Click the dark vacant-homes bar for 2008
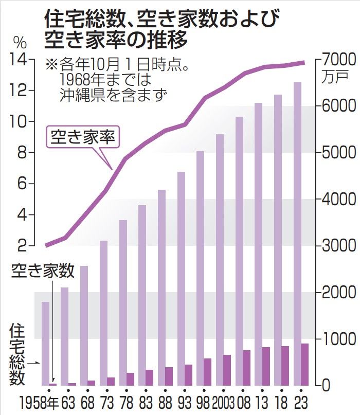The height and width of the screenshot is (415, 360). click(246, 368)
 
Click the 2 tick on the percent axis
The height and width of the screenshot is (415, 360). click(21, 246)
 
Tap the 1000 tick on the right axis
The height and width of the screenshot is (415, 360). click(337, 339)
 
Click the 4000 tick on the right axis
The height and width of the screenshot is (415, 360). click(337, 199)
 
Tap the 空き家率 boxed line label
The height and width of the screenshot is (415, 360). click(83, 137)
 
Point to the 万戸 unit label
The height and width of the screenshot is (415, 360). click(336, 77)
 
